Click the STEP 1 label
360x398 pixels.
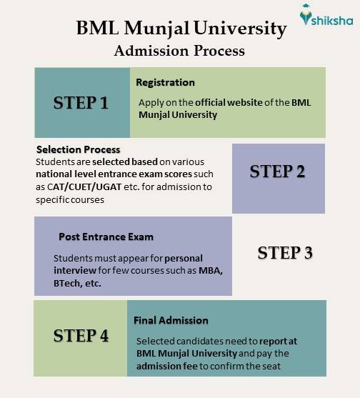point(81,102)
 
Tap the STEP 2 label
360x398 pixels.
point(278,171)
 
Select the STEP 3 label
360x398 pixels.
point(285,253)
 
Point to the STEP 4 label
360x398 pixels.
point(81,334)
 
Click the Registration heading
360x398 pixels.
point(165,82)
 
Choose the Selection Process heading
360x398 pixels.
point(78,149)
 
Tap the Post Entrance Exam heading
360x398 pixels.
point(106,237)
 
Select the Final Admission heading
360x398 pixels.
point(171,320)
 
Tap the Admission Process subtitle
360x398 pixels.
point(179,51)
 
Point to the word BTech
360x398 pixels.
point(69,283)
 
